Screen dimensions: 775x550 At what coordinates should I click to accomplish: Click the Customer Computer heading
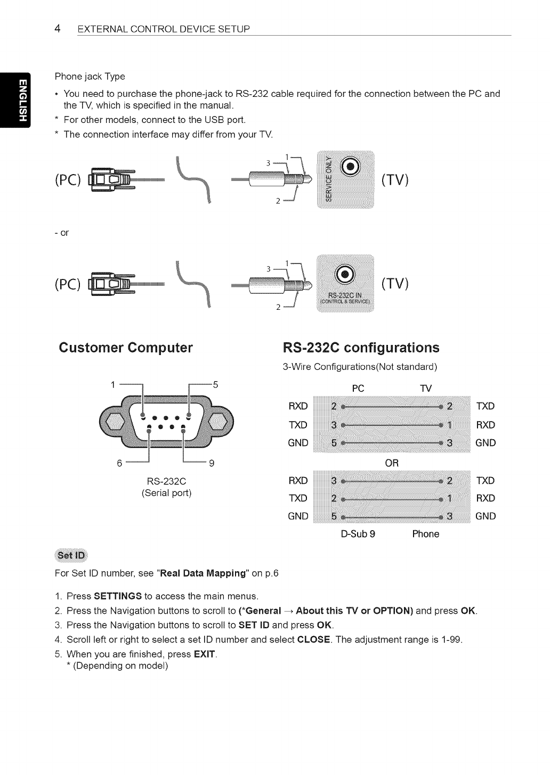pyautogui.click(x=126, y=348)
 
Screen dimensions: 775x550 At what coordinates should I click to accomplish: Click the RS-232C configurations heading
pyautogui.click(x=361, y=348)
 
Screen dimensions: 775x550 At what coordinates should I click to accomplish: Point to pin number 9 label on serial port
pyautogui.click(x=211, y=463)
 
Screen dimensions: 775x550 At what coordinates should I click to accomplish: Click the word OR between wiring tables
pyautogui.click(x=392, y=463)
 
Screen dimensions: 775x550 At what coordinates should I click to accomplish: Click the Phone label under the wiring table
pyautogui.click(x=426, y=534)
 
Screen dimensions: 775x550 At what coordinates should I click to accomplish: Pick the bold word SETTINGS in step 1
pyautogui.click(x=118, y=596)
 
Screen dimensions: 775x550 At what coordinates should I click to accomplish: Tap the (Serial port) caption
pyautogui.click(x=166, y=493)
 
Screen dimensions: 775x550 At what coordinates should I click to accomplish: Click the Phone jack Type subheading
pyautogui.click(x=90, y=77)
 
